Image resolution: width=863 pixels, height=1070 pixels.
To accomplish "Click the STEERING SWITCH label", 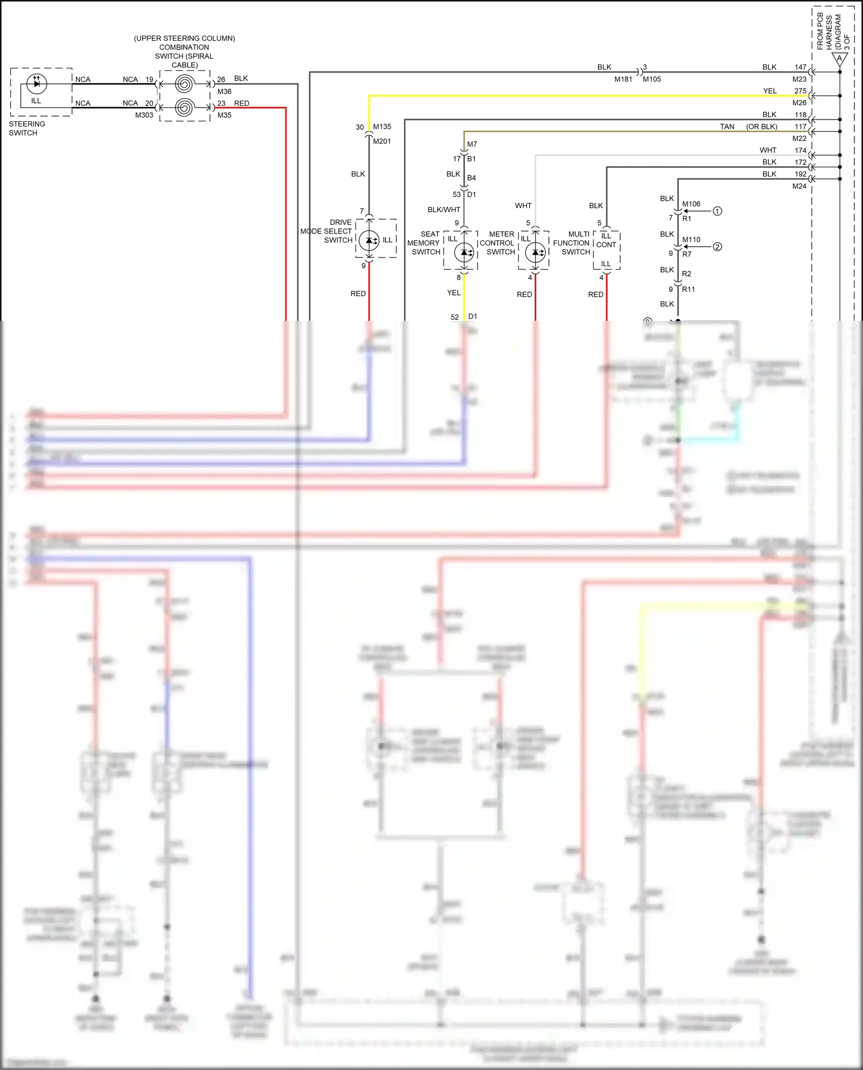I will [x=26, y=128].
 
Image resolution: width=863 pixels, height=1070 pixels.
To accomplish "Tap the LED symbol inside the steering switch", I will [x=37, y=84].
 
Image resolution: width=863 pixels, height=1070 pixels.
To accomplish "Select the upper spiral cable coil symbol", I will [x=184, y=84].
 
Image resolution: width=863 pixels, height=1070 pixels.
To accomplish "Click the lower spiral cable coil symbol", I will [x=184, y=108].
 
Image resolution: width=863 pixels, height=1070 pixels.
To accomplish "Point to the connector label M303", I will [x=144, y=115].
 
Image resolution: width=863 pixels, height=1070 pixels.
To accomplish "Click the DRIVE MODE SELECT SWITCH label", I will [x=326, y=231].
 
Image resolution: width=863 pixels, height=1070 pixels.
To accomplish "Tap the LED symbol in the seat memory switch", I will [x=464, y=252].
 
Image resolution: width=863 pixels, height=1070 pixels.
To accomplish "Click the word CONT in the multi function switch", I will [x=606, y=244].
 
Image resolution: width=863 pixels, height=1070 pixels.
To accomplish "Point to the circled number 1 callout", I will [x=717, y=211].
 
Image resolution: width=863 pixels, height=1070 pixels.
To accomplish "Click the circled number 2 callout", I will [x=717, y=247].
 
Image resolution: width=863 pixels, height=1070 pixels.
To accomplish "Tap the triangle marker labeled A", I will [x=839, y=59].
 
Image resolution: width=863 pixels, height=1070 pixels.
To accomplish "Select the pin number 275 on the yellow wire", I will [x=800, y=91].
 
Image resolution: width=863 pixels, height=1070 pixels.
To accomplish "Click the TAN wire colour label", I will [x=727, y=126].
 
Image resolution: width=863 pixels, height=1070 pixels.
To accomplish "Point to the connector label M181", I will [x=623, y=79].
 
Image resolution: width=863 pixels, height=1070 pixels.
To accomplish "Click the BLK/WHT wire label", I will [x=444, y=210].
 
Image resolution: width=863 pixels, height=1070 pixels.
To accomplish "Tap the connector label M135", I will [x=382, y=126].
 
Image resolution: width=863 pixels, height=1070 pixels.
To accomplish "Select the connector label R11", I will [x=689, y=289].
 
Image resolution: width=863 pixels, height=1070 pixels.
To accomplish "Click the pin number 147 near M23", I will [x=800, y=67].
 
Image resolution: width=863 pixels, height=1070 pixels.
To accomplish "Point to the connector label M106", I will [x=692, y=204].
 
